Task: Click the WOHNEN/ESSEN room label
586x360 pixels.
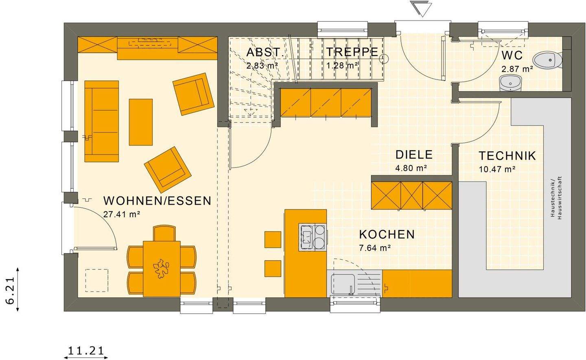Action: [157, 201]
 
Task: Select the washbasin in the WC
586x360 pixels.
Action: [509, 83]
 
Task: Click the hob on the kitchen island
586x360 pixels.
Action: [313, 236]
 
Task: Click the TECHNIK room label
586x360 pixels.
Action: [507, 156]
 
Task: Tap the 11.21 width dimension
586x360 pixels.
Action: [86, 350]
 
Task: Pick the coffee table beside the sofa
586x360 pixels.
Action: [141, 122]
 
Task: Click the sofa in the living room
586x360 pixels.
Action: [102, 121]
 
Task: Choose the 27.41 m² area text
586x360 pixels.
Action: [122, 214]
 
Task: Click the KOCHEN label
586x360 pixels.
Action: [387, 234]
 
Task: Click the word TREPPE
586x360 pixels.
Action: [352, 52]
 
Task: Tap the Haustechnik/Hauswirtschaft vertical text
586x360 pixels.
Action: [555, 198]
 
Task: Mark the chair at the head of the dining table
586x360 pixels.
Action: [165, 233]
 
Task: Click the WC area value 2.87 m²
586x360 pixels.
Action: [517, 69]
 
